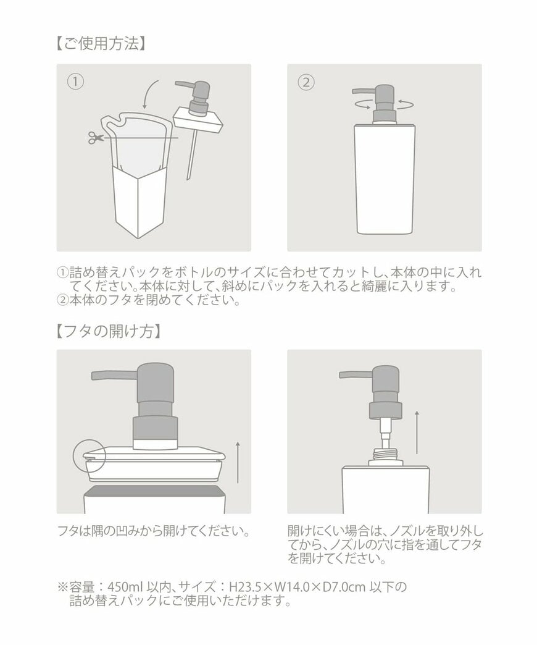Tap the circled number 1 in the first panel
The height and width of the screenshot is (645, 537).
click(75, 82)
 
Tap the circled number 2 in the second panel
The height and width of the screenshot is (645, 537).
click(306, 82)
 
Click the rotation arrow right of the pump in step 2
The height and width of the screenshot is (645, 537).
click(405, 101)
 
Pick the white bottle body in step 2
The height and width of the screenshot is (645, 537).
click(384, 179)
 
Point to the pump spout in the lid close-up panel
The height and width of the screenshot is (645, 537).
click(114, 375)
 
